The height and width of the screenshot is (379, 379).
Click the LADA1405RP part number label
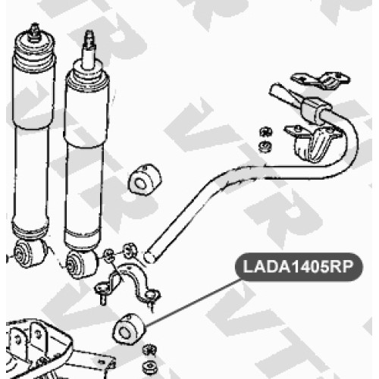coord(299,267)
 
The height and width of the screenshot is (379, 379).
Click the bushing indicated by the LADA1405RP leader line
coord(129,330)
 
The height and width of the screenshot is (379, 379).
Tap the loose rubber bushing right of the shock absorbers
coord(145,180)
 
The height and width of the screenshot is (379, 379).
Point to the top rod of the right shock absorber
coord(89,51)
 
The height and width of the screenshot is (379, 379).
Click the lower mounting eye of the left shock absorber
coord(29,252)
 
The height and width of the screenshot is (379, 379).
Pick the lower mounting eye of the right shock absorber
coord(81,264)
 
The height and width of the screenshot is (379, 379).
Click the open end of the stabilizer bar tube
coord(150,255)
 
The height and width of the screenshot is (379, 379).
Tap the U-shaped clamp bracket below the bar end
coord(129,282)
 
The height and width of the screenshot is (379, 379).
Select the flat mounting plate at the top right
coord(321,80)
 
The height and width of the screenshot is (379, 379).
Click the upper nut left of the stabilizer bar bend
coord(265,133)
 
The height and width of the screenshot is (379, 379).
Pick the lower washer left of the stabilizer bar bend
coord(265,146)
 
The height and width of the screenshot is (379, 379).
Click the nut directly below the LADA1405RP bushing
coord(149,350)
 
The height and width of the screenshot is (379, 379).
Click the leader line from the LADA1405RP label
coord(193,302)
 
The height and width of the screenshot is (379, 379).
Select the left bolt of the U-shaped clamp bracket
coord(102,296)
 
